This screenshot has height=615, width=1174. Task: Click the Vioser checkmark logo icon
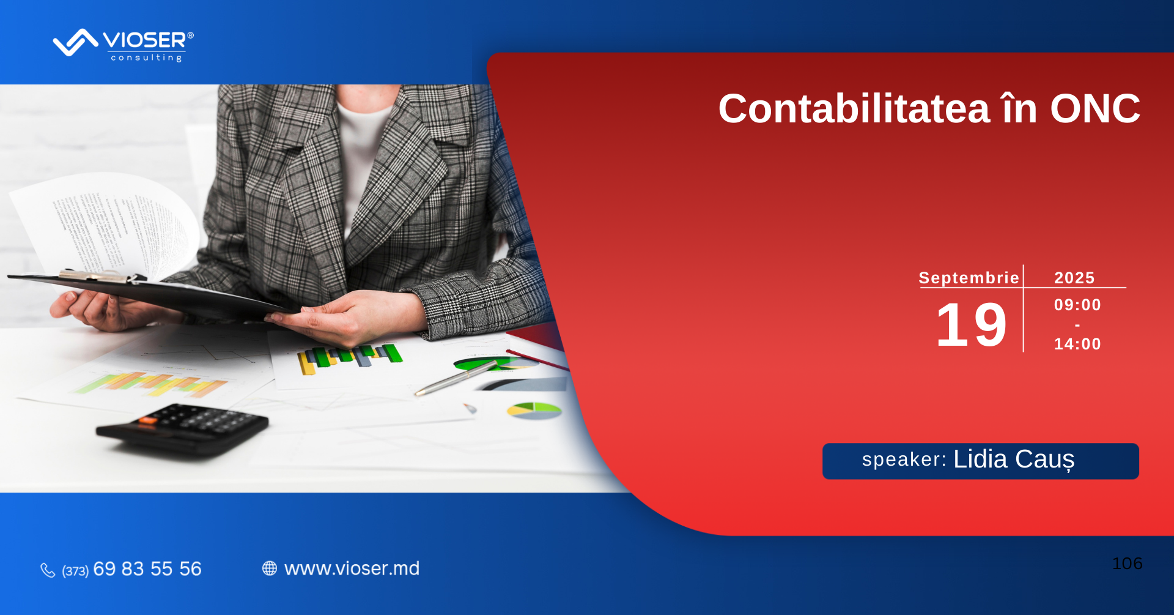tap(76, 42)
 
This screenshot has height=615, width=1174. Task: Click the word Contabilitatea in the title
tap(854, 109)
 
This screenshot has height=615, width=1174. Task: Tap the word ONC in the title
tap(1095, 109)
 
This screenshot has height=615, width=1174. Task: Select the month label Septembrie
tap(969, 278)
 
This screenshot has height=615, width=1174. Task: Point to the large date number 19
tap(972, 325)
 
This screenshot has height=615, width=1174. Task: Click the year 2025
tap(1074, 278)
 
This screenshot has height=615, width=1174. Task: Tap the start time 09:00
tap(1077, 305)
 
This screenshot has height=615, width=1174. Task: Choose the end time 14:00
tap(1077, 344)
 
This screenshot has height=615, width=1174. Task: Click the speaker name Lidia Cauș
tap(1014, 460)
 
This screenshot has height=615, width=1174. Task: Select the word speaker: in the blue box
tap(904, 460)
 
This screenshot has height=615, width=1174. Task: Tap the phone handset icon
tap(48, 570)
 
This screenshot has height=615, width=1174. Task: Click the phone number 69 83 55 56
tap(147, 569)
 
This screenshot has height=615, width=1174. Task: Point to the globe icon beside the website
tap(270, 568)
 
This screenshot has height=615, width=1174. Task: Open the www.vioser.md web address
tap(352, 568)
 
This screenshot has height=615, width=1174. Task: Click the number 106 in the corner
tap(1128, 564)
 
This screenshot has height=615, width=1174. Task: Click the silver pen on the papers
tap(456, 378)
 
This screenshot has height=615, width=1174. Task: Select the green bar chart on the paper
tap(350, 359)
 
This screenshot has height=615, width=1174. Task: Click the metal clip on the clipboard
tap(98, 277)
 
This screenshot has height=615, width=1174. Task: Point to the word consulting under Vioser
tap(147, 58)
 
